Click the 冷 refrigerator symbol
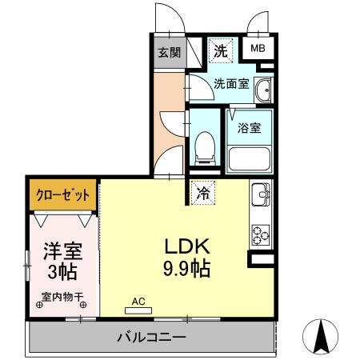203,192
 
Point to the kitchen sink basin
261,195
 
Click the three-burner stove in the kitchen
261,234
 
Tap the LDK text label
188,245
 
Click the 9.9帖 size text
188,268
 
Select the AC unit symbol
138,306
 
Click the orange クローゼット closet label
64,194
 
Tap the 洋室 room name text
58,250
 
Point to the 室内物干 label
58,297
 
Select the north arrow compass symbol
324,336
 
